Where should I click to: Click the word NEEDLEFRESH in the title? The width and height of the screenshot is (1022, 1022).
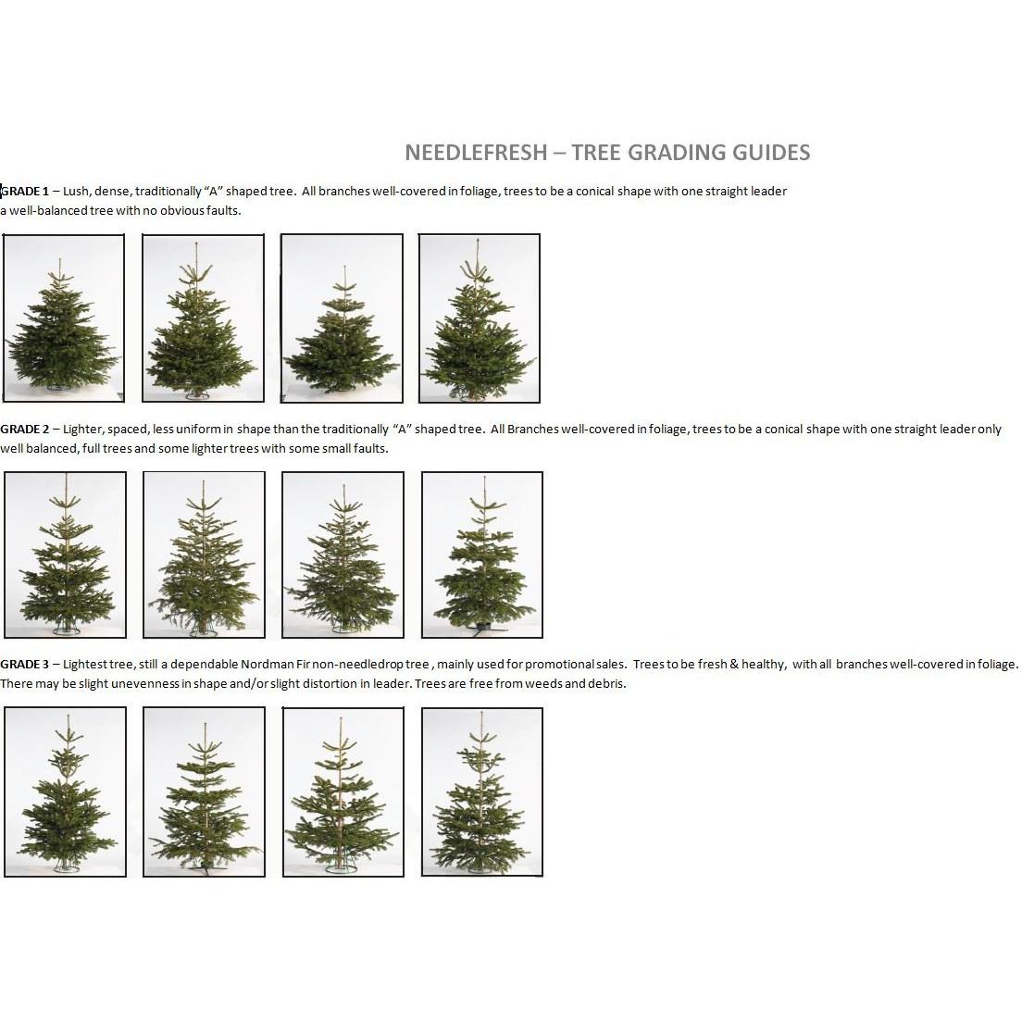click(476, 153)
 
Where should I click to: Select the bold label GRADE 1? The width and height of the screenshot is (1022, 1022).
click(25, 192)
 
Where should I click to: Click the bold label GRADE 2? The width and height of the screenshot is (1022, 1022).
click(25, 430)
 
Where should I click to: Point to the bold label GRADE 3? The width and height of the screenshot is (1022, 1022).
click(25, 665)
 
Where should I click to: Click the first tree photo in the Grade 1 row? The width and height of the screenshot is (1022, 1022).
click(64, 318)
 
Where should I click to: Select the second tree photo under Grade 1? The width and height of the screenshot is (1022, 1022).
click(204, 318)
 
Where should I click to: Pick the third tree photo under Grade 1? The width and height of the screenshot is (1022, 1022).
click(343, 318)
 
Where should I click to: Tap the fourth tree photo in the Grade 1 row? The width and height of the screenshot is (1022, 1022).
click(480, 318)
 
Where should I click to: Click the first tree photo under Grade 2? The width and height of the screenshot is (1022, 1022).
click(65, 555)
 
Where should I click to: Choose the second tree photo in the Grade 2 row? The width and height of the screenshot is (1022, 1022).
click(204, 555)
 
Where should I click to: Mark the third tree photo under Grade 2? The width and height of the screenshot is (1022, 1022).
click(343, 555)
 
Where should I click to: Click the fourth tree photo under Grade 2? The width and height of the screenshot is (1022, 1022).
click(482, 555)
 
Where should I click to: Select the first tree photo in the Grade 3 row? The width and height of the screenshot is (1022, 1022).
click(65, 791)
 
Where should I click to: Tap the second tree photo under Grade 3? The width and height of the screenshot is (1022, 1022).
click(204, 791)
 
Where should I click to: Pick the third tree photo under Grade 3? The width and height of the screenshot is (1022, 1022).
click(343, 791)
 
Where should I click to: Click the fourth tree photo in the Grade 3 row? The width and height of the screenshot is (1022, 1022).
click(482, 791)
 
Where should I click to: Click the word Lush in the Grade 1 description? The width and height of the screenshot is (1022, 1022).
click(76, 192)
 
